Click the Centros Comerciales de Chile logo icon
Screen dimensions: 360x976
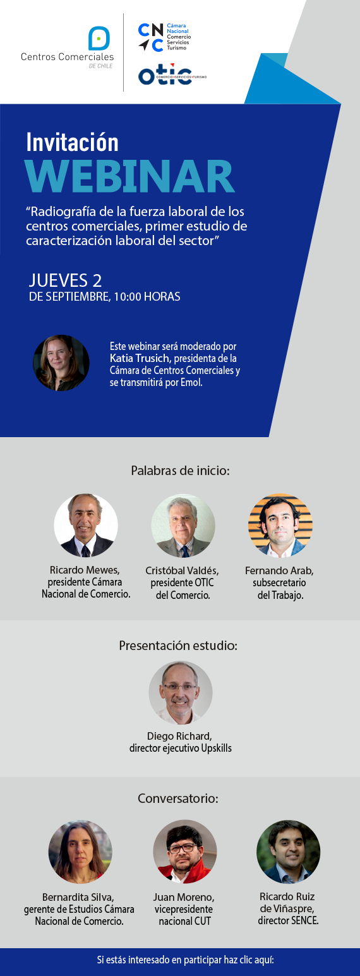[x=99, y=39]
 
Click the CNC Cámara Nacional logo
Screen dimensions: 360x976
[x=164, y=37]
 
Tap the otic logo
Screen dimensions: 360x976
[x=172, y=76]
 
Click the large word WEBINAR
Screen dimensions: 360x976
[x=130, y=176]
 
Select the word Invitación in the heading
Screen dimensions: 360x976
[x=73, y=142]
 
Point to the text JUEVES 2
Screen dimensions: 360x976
[x=66, y=280]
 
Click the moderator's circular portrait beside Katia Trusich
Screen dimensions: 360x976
[x=61, y=363]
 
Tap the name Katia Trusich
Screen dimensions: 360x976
[x=140, y=358]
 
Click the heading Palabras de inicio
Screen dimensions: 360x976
[x=180, y=471]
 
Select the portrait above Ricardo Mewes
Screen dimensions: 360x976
[x=86, y=525]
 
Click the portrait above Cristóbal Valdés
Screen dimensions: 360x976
[x=183, y=526]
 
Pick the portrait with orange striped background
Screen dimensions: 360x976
[x=280, y=526]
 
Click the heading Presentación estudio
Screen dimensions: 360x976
[x=178, y=645]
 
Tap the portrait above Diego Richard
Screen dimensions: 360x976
[x=181, y=693]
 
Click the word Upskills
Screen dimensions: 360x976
[x=216, y=748]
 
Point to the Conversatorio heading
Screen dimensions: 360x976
[x=178, y=798]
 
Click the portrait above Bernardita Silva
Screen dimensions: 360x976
[x=80, y=852]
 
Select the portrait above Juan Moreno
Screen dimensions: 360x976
[x=185, y=852]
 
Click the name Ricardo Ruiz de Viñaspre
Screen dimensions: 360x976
[x=287, y=902]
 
